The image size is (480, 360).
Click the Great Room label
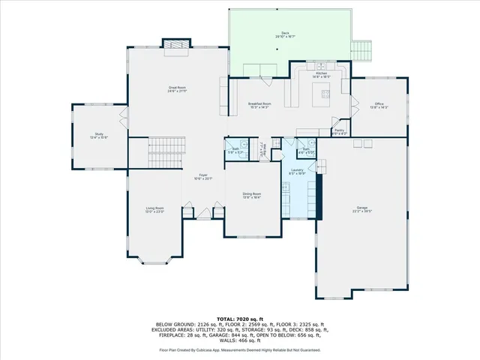click(177, 89)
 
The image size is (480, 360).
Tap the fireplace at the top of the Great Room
click(177, 45)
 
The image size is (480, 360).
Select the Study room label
click(99, 136)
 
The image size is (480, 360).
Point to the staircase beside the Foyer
click(166, 154)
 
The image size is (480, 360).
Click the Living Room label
click(154, 211)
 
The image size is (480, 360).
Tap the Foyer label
click(203, 177)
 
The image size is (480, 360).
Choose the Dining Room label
click(251, 196)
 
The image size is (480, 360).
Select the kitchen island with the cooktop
click(325, 94)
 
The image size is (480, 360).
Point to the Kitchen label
click(321, 74)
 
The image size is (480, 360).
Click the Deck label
click(285, 34)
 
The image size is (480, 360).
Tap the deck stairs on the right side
click(363, 50)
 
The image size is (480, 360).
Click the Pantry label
click(339, 131)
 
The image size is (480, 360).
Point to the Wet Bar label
click(262, 150)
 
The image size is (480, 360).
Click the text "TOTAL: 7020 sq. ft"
click(239, 319)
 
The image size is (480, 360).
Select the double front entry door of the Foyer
click(202, 214)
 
